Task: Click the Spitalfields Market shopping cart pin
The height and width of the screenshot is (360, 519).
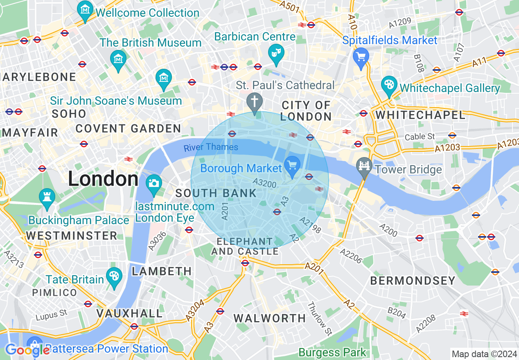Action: (x=361, y=58)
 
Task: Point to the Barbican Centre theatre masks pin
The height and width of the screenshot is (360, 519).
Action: (x=276, y=54)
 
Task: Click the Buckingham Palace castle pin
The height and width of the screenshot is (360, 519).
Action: (x=47, y=198)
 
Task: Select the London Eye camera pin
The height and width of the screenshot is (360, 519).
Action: (x=154, y=183)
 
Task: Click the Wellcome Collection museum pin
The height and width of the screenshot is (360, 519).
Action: (x=85, y=11)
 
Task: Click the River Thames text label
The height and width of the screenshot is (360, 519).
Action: (x=211, y=147)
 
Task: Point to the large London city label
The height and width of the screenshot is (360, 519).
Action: (x=103, y=179)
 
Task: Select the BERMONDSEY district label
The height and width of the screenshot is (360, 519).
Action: (x=413, y=281)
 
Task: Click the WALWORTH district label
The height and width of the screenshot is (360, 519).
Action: (x=270, y=318)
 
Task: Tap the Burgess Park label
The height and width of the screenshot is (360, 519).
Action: (x=332, y=352)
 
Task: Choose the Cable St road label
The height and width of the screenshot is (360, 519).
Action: (x=420, y=137)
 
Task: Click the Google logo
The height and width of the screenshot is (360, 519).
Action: (x=27, y=350)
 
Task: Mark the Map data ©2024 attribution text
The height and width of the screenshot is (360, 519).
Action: (x=484, y=354)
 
